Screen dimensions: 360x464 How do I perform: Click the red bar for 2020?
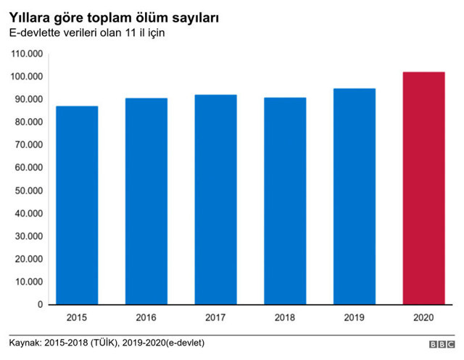point(423,188)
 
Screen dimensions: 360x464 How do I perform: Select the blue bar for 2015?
point(77,205)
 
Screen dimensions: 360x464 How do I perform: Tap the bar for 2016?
point(146,201)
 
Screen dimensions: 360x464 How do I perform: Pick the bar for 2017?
point(215,199)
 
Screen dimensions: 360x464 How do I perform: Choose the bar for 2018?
point(285,201)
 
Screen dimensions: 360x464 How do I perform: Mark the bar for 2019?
point(355,196)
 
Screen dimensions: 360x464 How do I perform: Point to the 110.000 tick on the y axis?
point(28,54)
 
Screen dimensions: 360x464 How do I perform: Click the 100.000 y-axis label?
point(28,77)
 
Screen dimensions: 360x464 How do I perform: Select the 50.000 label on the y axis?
point(30,191)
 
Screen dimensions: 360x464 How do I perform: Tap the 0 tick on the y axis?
point(41,305)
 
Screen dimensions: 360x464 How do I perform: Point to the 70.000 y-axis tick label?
point(30,145)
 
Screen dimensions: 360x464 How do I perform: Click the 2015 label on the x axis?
point(77,317)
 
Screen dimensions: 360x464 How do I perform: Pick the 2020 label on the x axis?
point(423,317)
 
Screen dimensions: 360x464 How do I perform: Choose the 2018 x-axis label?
point(285,317)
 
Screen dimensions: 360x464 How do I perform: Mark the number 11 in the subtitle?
point(130,33)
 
